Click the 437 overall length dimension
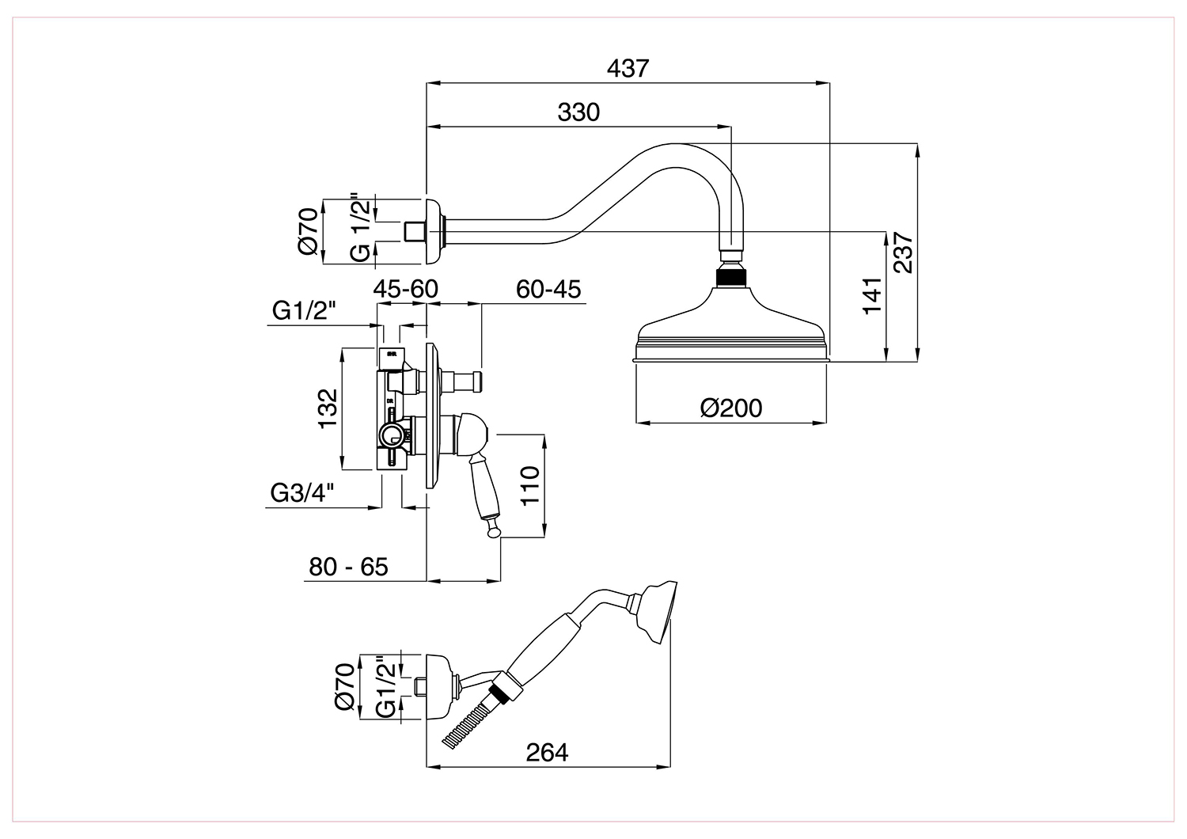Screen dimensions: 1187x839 [628, 69]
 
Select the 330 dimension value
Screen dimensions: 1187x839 [578, 113]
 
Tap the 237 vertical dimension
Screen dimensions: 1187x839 [903, 252]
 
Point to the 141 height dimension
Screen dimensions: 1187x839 [872, 296]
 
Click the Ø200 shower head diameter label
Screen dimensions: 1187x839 [730, 408]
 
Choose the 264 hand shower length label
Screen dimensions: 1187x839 [547, 753]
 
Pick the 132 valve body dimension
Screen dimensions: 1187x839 [328, 408]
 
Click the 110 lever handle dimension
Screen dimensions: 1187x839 [530, 486]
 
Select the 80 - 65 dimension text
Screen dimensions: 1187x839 [348, 567]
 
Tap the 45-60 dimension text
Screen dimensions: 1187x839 [405, 290]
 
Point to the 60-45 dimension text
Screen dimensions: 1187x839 [548, 290]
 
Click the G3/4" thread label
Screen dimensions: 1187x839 [302, 493]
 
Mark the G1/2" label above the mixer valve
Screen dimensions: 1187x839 [304, 310]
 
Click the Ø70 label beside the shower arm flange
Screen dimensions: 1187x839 [309, 231]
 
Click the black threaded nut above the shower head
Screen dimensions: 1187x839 [730, 279]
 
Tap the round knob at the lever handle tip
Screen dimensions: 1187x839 [494, 530]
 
